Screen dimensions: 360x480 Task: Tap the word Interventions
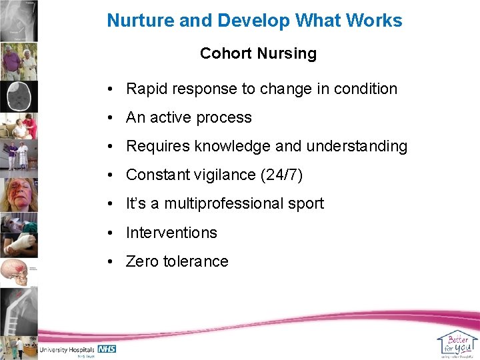[x=171, y=233]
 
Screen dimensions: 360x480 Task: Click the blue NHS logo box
[x=107, y=349]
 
